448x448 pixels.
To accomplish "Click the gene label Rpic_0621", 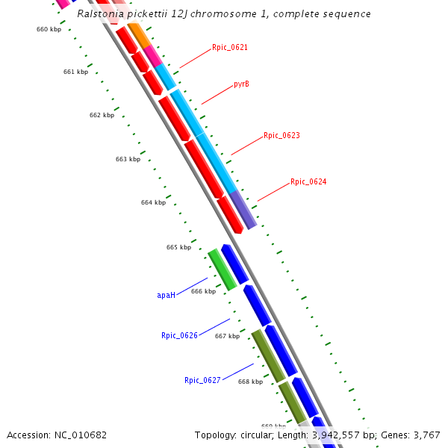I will click(229, 47).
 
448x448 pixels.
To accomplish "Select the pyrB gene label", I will click(241, 84).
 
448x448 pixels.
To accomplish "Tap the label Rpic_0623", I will click(281, 136).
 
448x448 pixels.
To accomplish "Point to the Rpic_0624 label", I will click(308, 181).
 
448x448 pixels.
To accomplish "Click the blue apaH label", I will click(166, 295).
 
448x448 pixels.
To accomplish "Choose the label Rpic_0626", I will click(179, 335).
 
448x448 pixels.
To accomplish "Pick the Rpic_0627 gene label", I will click(202, 380).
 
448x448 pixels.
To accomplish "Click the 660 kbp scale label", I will click(49, 29).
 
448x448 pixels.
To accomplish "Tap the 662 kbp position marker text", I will click(102, 115).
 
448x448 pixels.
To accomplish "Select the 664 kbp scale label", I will click(153, 202).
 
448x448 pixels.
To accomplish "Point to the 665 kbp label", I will click(178, 247).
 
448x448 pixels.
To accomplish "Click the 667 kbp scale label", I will click(227, 336).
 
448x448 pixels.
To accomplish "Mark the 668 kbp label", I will click(250, 382).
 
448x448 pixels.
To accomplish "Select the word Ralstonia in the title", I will click(102, 13).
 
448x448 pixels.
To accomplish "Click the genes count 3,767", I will click(426, 435).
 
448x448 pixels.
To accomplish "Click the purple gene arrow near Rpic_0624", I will click(243, 208).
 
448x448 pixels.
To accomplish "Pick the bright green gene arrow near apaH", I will click(222, 269).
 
